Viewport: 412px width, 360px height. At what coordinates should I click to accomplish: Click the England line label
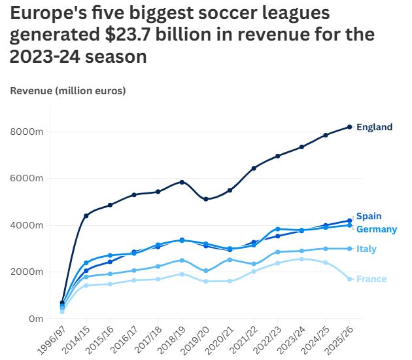[x=374, y=127]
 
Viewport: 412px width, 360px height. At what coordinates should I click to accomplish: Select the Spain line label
[x=369, y=217]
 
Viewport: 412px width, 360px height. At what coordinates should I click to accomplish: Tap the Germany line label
[x=377, y=229]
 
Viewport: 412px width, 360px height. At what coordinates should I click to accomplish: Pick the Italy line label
[x=366, y=249]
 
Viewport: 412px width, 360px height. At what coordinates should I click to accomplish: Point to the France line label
[x=371, y=279]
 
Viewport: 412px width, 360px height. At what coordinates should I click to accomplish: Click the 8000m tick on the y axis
[x=27, y=132]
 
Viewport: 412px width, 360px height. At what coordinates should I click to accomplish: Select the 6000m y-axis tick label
[x=27, y=178]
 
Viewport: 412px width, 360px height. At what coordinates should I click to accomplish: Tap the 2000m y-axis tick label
[x=27, y=272]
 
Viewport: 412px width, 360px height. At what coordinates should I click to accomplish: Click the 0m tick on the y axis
[x=36, y=319]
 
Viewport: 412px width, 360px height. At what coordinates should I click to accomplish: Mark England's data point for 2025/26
[x=350, y=127]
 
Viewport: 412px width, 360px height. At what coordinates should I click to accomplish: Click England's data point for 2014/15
[x=86, y=215]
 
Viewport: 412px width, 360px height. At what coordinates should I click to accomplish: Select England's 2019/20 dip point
[x=206, y=199]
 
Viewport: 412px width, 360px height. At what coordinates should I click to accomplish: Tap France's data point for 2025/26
[x=350, y=279]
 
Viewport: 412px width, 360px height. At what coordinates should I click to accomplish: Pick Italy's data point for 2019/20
[x=206, y=270]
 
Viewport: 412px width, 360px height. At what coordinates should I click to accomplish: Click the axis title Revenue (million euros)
[x=68, y=90]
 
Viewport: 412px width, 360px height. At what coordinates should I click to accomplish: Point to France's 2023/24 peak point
[x=301, y=259]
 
